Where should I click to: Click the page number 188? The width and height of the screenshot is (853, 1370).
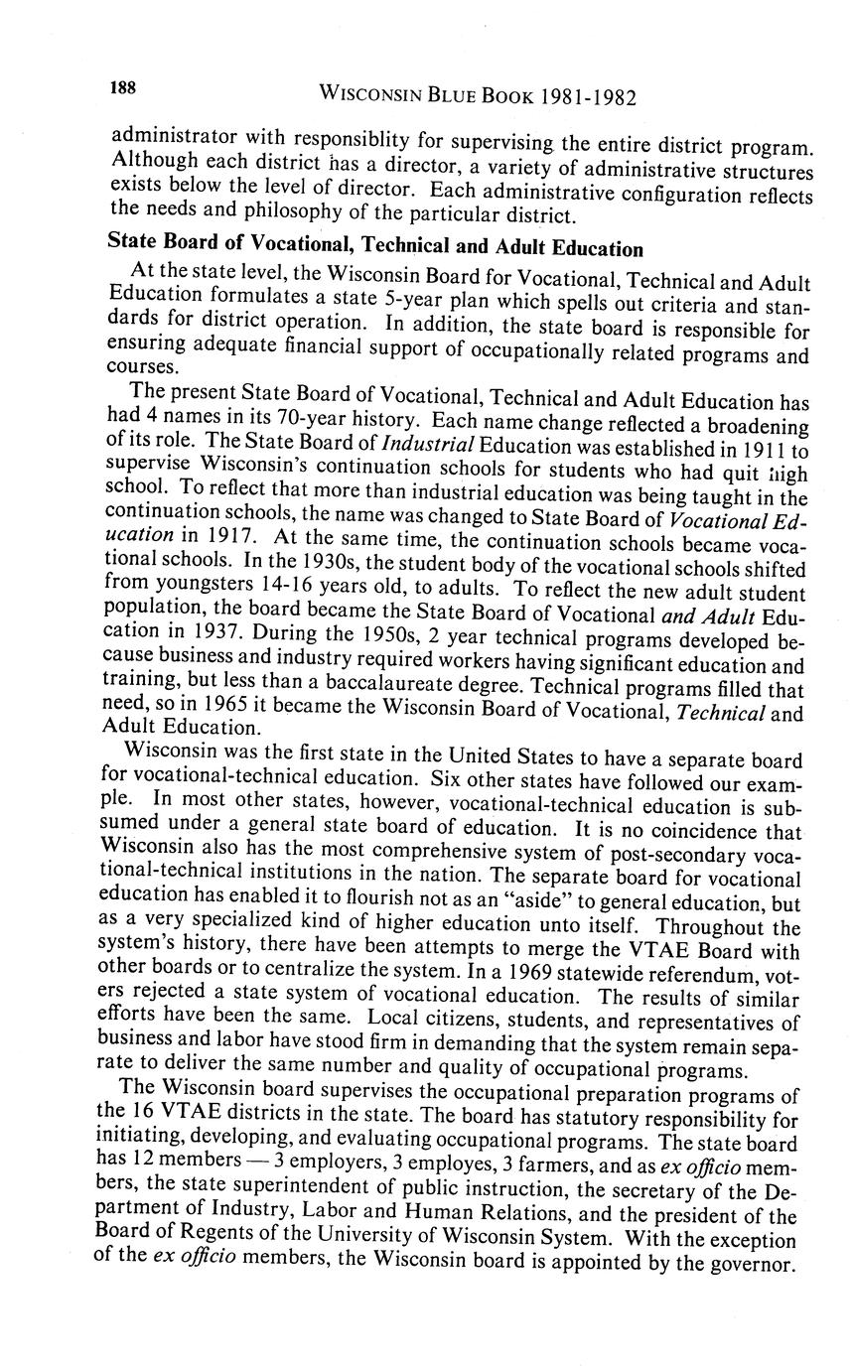(x=123, y=88)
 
